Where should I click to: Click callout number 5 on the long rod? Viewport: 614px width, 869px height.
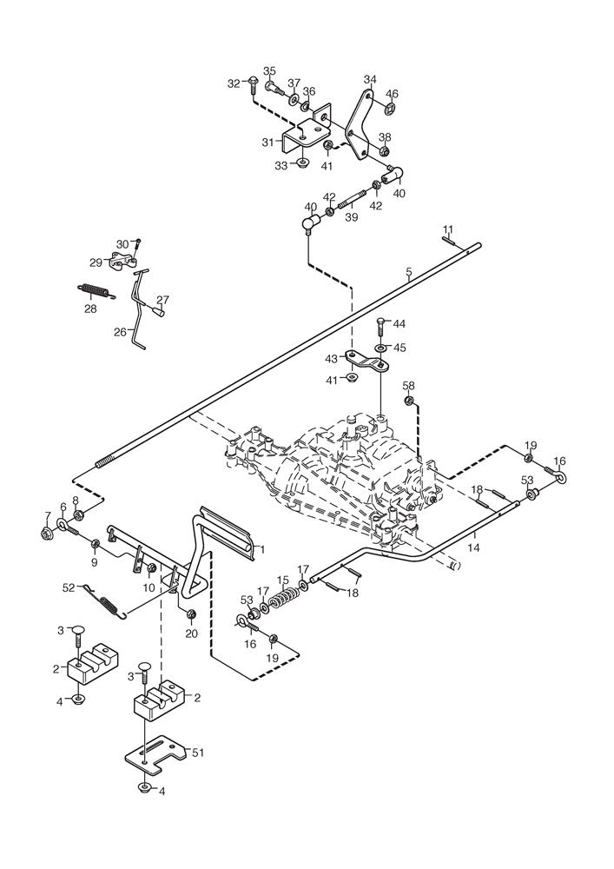408,273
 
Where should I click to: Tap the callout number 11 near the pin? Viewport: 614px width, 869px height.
447,230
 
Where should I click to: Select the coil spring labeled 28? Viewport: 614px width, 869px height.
94,289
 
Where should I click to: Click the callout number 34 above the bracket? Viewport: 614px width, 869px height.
370,80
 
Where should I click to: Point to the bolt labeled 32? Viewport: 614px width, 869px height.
252,83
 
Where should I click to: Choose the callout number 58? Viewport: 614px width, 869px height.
408,385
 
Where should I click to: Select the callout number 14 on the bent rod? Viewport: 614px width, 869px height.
473,550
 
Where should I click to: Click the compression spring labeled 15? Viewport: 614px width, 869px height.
281,599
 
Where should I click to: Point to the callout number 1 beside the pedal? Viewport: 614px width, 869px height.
261,548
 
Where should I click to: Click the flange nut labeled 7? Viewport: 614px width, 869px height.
46,534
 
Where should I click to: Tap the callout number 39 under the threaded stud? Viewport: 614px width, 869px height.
351,217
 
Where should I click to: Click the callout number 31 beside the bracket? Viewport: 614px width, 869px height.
269,142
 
